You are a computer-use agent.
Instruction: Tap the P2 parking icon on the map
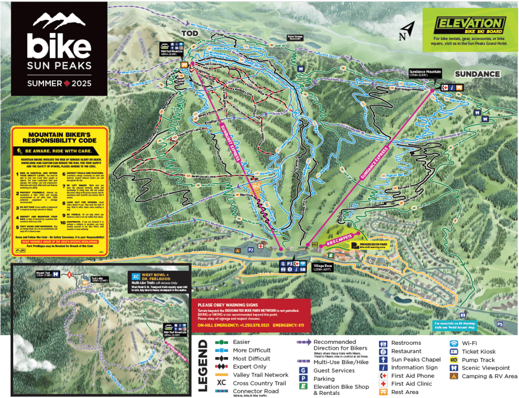point(250,249)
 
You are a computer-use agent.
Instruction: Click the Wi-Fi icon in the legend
point(455,343)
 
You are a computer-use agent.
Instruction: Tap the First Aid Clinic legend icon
point(383,384)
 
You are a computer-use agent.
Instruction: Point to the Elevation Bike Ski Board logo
point(469,25)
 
